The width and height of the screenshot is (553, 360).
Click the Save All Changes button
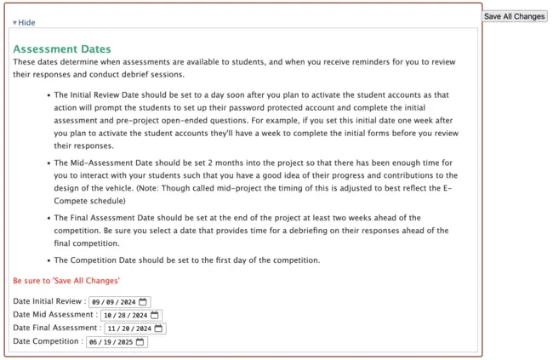point(514,16)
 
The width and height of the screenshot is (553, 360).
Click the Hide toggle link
point(26,22)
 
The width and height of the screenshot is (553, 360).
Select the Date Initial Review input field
point(113,301)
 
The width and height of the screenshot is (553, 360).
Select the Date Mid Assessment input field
point(119,315)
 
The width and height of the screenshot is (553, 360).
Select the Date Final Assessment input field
point(128,329)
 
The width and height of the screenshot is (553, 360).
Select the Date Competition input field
point(110,342)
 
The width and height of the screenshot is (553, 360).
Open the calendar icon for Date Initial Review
point(143,301)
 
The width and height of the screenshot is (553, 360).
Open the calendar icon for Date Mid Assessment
point(155,315)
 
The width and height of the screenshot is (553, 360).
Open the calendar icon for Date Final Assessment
point(159,329)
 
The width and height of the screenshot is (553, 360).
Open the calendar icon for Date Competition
point(140,342)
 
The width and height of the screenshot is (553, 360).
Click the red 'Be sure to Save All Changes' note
point(66,281)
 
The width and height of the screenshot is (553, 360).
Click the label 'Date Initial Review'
point(48,301)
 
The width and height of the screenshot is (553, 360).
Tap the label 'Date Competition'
point(46,342)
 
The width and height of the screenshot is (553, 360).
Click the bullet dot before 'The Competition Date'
point(47,260)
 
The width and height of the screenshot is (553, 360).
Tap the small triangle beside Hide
point(14,23)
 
